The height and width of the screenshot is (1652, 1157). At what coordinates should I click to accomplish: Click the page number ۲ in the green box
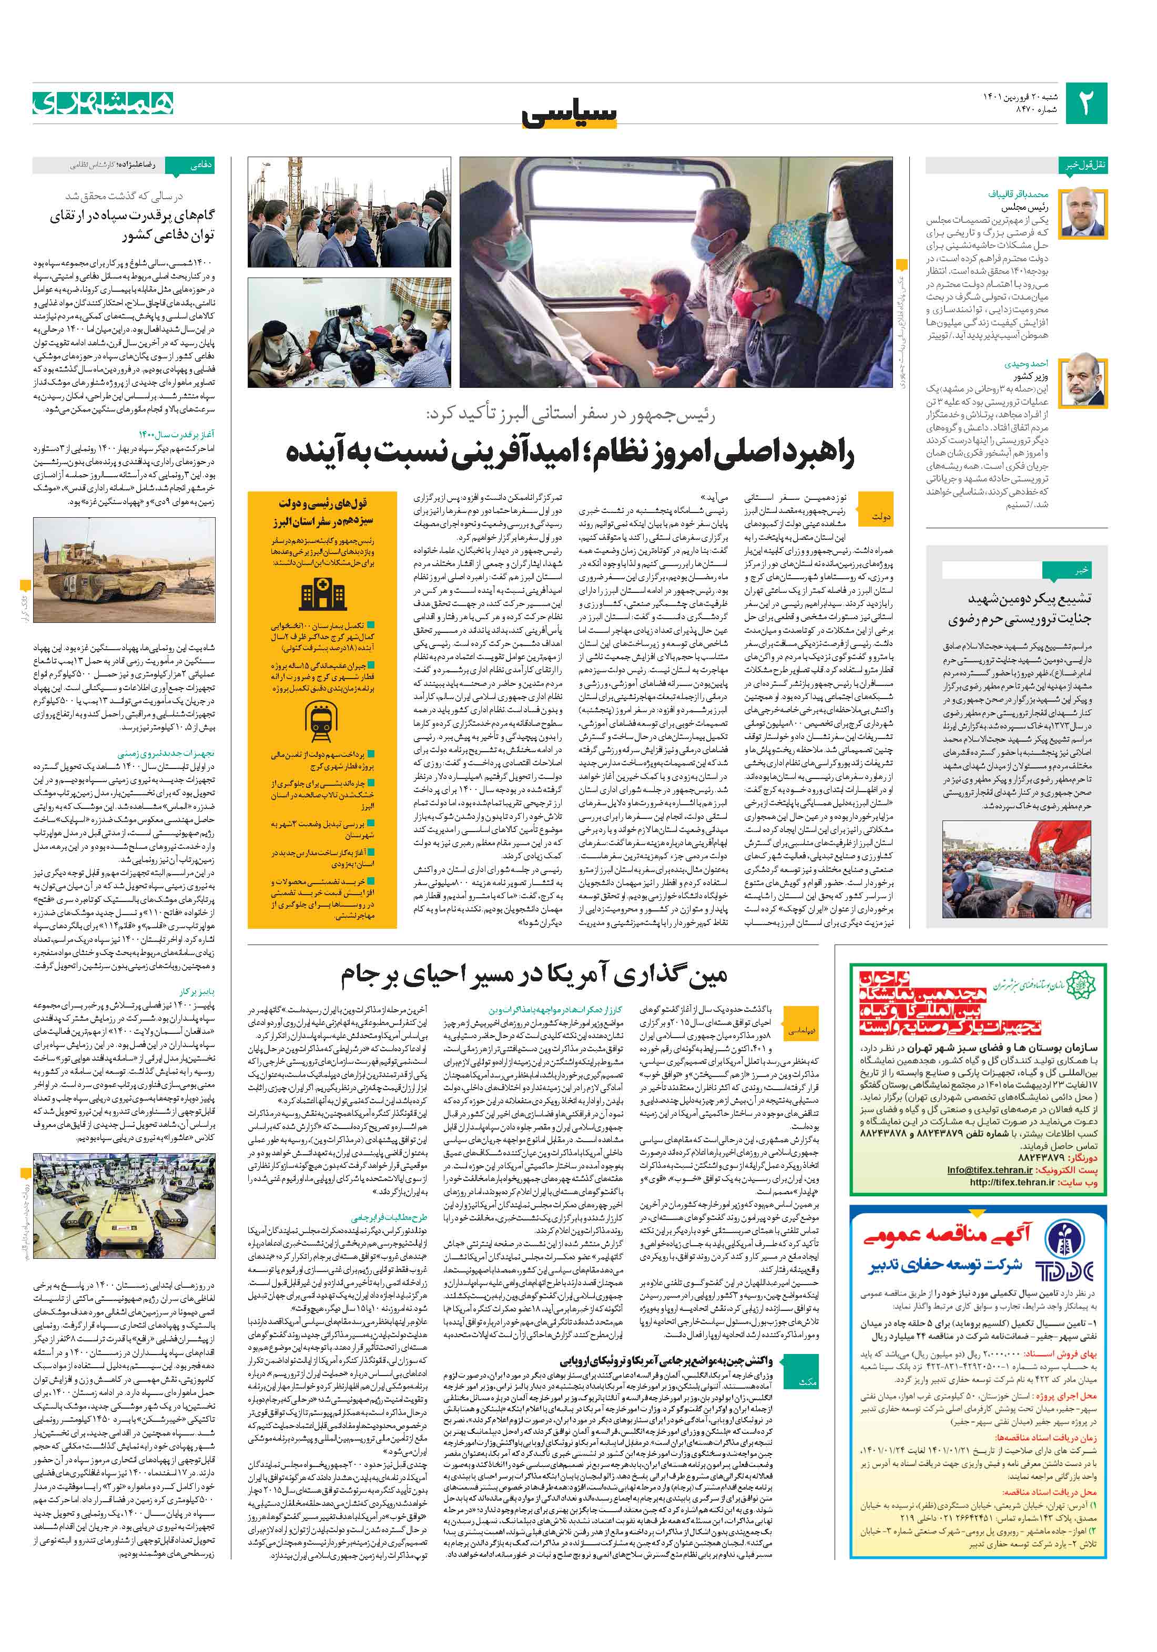[1085, 104]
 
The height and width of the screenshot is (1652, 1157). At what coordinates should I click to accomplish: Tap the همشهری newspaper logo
[103, 103]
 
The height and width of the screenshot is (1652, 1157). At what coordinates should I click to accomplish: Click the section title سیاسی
[569, 114]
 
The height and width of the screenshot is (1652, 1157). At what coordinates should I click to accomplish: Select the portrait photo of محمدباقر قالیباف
[1084, 212]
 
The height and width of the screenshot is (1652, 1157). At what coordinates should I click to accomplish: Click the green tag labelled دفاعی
[199, 166]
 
